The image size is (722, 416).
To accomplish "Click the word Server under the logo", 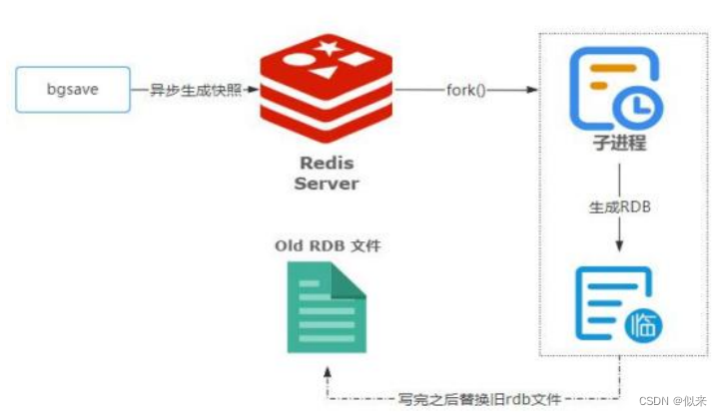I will pos(326,184).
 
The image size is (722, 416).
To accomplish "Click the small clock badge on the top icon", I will pos(640,108).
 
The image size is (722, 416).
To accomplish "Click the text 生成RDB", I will pos(619,208).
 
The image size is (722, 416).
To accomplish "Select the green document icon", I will pos(326,306).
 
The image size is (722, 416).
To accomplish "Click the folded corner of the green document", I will pos(349,279).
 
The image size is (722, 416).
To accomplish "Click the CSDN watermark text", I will pos(676,401).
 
